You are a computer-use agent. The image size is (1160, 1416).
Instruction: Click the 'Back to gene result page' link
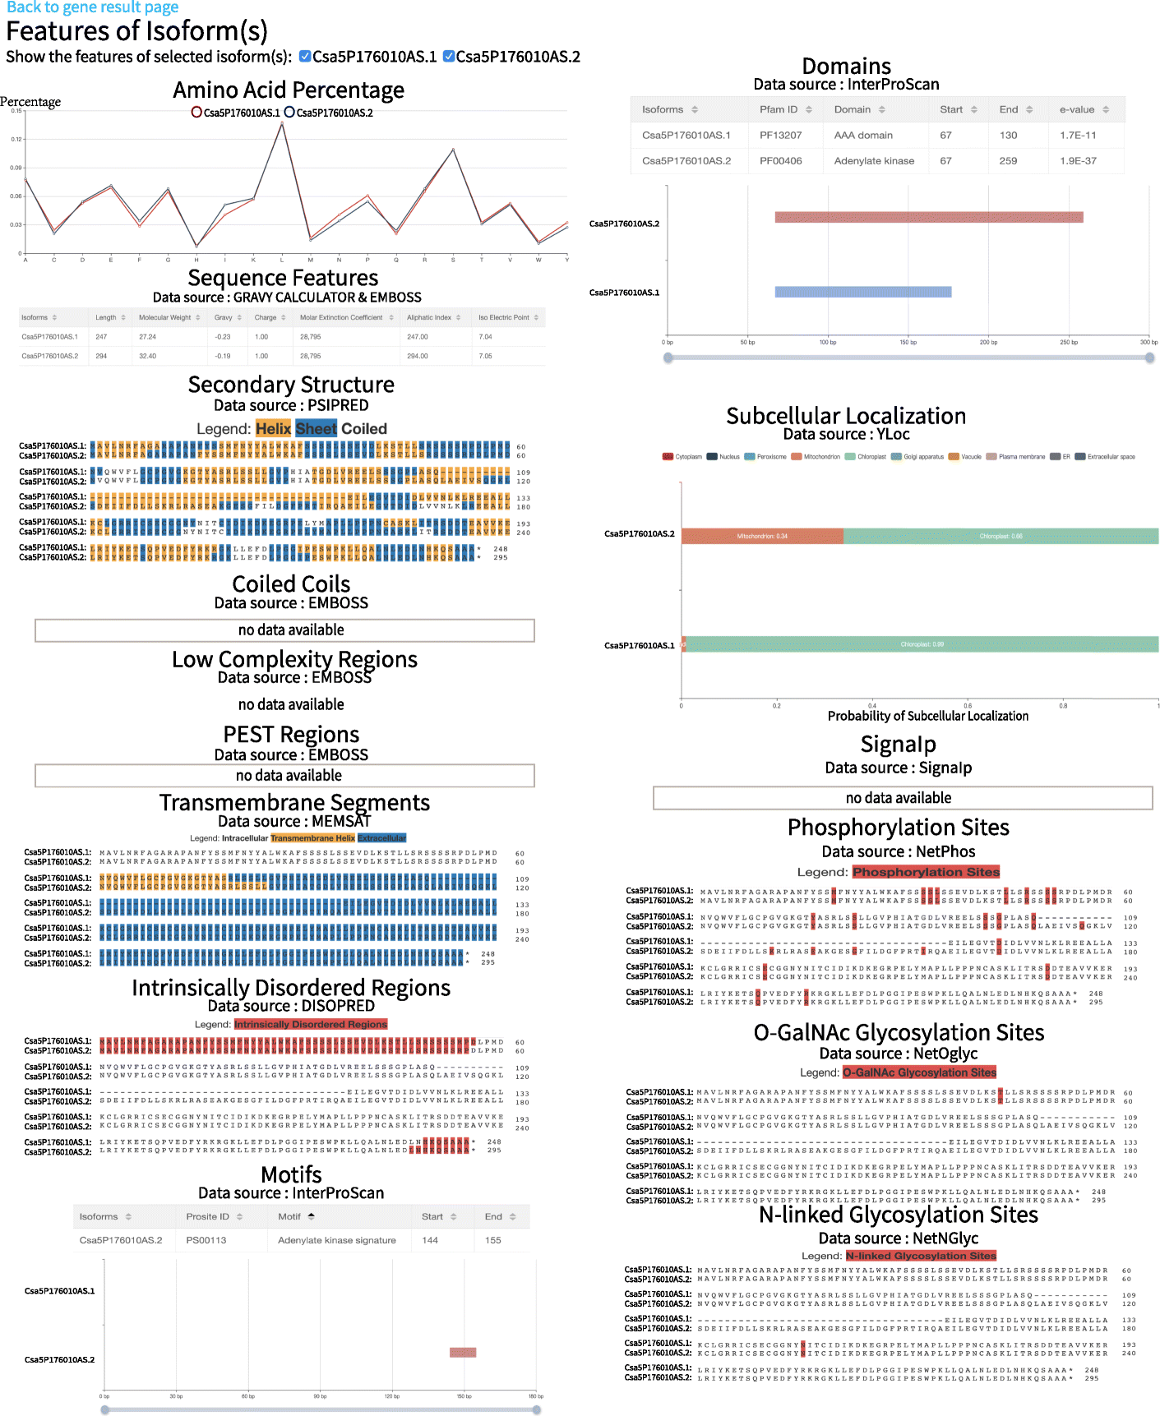coord(92,7)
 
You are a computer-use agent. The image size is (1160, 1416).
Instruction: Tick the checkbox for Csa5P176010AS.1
coord(305,57)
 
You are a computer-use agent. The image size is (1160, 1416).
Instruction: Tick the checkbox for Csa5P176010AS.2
coord(449,57)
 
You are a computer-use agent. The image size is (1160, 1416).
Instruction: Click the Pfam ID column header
coord(779,109)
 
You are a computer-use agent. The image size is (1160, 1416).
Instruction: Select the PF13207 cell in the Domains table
coord(780,136)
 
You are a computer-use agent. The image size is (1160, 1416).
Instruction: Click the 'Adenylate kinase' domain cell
coord(874,161)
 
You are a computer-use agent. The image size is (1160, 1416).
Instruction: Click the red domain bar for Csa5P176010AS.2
coord(928,218)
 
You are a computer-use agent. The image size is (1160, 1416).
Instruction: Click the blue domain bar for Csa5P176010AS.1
coord(862,292)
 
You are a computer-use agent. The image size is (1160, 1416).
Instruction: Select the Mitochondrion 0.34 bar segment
coord(762,537)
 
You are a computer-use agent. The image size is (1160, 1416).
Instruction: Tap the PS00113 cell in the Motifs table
coord(206,1240)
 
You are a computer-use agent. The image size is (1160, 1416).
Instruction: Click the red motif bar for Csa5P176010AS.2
coord(463,1353)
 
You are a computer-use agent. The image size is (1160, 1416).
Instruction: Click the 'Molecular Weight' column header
coord(164,317)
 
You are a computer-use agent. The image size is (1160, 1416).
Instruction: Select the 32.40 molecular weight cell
coord(148,356)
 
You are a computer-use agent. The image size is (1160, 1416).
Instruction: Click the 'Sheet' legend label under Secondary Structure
coord(316,429)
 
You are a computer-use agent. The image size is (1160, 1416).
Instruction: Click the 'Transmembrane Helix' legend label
coord(312,838)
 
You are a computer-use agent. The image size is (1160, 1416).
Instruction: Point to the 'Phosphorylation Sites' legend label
coord(926,872)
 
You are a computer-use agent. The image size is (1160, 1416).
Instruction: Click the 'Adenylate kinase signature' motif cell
coord(337,1240)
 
